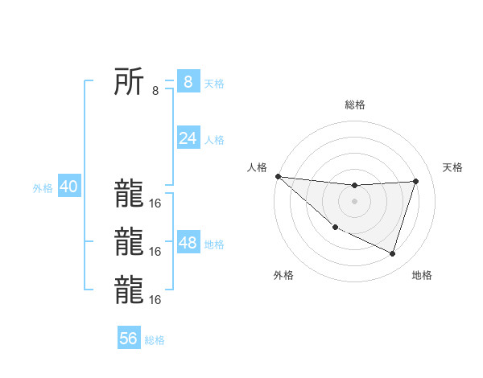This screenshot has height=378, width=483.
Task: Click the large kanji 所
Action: tap(130, 81)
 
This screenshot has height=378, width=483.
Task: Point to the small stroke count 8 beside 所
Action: tap(155, 91)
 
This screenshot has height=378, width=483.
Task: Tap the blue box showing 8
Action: tap(188, 81)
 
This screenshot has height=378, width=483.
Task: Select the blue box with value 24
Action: tap(188, 138)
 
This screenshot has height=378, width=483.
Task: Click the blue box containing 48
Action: tap(188, 243)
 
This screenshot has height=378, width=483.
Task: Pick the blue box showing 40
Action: tap(68, 187)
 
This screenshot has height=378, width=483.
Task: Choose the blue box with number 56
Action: tap(129, 338)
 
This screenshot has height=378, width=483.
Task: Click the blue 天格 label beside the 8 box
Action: tap(214, 83)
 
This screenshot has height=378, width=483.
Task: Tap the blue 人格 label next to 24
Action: tap(214, 140)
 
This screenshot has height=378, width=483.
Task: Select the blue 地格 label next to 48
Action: tap(214, 244)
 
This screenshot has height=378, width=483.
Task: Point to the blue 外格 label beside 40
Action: tap(43, 188)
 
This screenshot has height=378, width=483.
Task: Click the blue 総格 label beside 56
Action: tap(155, 339)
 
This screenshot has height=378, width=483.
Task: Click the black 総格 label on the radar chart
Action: tap(354, 105)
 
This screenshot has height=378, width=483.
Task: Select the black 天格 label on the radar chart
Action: tap(452, 167)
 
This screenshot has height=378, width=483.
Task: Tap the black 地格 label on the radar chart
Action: tap(422, 275)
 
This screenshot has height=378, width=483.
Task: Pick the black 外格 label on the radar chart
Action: tap(283, 275)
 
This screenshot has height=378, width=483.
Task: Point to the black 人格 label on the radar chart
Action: tap(257, 167)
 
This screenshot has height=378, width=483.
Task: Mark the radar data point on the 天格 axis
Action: tap(416, 181)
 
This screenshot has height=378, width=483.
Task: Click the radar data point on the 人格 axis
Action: tap(278, 176)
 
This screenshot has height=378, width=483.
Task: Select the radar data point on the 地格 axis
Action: tap(393, 254)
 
